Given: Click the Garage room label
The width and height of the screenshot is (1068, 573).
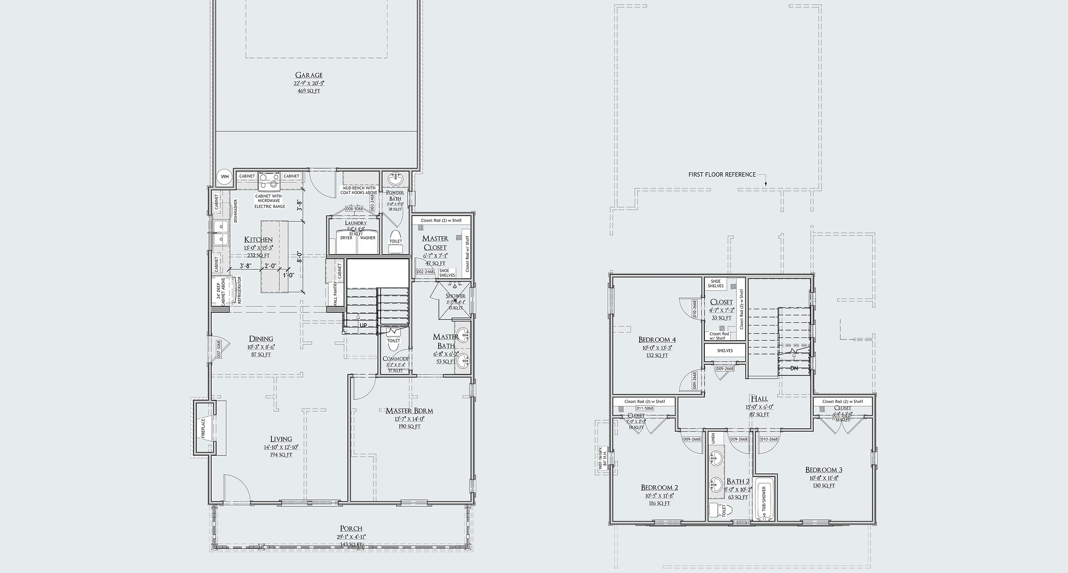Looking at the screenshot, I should point(309,75).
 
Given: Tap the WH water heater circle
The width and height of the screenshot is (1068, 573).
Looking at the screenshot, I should point(224,177).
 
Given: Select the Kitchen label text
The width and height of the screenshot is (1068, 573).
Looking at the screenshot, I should point(258,240).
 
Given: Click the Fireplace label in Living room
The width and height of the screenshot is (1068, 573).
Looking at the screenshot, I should point(203,428).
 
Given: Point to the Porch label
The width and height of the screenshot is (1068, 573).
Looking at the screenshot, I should point(351,529).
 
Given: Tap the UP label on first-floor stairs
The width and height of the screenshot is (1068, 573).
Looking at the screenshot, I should point(363,325).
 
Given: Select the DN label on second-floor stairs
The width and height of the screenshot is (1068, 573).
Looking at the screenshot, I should point(794,368).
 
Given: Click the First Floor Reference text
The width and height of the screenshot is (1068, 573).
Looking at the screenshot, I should point(722,175).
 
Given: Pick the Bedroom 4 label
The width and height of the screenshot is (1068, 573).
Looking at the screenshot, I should point(657,340).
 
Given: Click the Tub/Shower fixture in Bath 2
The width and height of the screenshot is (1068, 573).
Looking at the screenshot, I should point(764,499).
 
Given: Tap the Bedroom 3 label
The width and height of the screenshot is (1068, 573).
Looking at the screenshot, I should point(823,470).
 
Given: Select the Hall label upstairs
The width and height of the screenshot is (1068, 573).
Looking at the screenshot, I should point(759,399).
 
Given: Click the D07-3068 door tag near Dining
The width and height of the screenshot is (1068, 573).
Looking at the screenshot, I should point(219,349).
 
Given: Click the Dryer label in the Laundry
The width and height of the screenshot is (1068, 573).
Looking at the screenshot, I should point(346,238).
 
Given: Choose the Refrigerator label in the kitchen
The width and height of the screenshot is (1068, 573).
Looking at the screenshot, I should point(240,290).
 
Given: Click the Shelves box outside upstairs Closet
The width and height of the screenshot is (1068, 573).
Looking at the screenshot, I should point(725,351).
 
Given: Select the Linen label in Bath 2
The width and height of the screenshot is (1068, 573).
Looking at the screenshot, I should point(713,439).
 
